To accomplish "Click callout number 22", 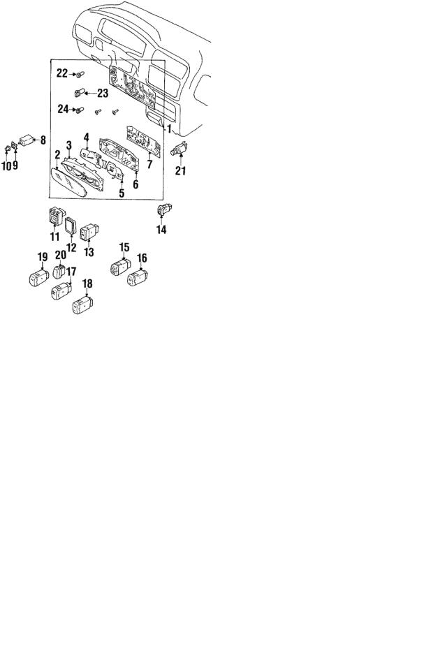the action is (62, 73).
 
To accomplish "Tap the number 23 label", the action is (103, 93).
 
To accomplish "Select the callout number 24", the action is (63, 110).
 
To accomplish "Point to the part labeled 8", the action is (26, 140).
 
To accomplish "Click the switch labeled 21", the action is (180, 149).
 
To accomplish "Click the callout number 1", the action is (170, 128).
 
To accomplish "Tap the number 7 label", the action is (149, 164).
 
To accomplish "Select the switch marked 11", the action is (55, 215).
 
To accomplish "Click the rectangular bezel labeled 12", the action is (70, 226).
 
